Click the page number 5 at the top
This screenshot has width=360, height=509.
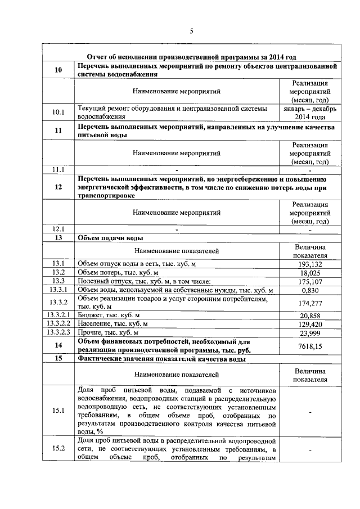191,31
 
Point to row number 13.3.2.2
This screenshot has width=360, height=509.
58,324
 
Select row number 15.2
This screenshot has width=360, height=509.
58,448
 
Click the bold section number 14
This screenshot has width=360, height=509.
58,345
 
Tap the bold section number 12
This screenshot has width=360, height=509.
58,187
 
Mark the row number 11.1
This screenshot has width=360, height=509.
58,169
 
